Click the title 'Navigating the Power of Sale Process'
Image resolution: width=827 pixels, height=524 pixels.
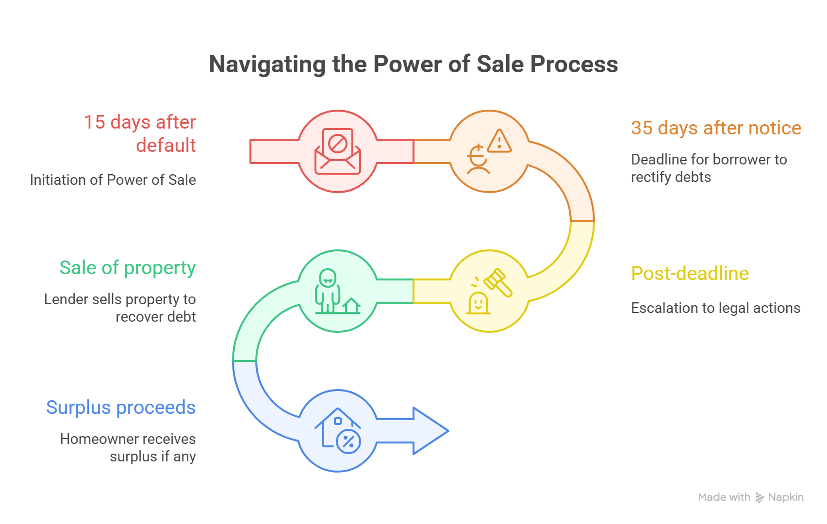tap(413, 64)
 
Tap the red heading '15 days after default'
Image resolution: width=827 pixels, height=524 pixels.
tap(140, 133)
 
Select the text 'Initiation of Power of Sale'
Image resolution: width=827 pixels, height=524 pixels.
tap(113, 180)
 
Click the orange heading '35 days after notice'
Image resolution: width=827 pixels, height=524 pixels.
tap(716, 128)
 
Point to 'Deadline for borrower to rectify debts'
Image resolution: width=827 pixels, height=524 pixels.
tap(709, 168)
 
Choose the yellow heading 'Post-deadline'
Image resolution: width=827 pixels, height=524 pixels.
tap(690, 274)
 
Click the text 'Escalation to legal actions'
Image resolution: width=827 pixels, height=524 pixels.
tap(715, 308)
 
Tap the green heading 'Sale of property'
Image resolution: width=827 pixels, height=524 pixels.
tap(128, 268)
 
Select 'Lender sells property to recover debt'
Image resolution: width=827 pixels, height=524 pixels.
tap(120, 308)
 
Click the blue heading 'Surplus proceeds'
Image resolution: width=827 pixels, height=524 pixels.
tap(121, 408)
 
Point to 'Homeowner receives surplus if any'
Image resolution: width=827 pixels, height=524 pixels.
tap(128, 447)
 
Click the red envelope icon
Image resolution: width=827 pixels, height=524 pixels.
tap(338, 151)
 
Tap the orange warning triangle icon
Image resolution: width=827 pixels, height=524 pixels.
tap(499, 141)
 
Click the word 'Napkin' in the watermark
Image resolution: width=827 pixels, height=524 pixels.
tap(786, 497)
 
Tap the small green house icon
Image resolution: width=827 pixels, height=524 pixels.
tap(351, 306)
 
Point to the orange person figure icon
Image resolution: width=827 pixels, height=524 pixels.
tap(478, 160)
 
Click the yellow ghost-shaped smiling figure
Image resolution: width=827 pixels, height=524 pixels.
tap(478, 304)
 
